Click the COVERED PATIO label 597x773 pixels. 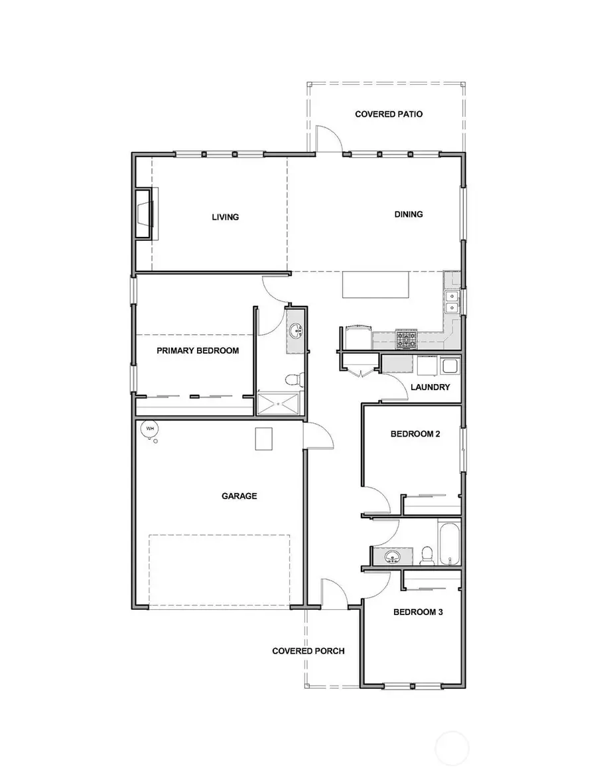[x=389, y=114]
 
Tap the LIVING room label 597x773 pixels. [x=225, y=217]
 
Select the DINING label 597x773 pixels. [x=409, y=214]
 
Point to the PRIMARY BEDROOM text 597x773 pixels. [x=198, y=350]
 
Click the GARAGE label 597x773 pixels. [x=239, y=496]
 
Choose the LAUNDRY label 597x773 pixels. [x=431, y=387]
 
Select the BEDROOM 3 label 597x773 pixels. [x=418, y=612]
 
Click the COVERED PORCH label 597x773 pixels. [x=308, y=651]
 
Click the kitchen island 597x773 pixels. [x=375, y=285]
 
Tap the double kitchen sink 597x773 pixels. [x=451, y=302]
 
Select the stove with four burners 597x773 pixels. [x=406, y=340]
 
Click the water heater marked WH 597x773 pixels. [x=150, y=429]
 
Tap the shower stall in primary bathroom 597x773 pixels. [x=279, y=403]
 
